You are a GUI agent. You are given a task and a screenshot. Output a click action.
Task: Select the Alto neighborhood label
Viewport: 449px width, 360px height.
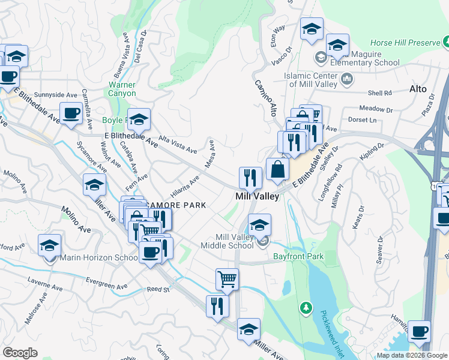418,89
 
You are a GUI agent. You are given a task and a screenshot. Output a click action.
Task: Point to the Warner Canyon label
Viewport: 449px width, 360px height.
122,89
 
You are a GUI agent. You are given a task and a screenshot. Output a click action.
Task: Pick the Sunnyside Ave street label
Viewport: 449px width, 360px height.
56,95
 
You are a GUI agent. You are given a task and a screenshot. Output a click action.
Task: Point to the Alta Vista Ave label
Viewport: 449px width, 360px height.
177,144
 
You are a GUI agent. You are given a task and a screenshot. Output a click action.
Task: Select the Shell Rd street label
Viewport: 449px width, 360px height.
379,93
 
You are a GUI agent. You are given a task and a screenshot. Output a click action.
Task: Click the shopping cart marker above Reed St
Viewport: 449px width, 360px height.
227,278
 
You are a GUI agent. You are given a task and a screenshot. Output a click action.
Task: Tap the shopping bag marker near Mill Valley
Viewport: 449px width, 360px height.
277,169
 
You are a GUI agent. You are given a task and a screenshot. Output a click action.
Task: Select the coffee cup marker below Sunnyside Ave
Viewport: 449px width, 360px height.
71,113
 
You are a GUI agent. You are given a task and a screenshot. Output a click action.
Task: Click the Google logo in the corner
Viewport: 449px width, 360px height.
20,353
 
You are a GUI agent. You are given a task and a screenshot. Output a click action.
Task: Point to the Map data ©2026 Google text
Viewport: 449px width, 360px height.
412,355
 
